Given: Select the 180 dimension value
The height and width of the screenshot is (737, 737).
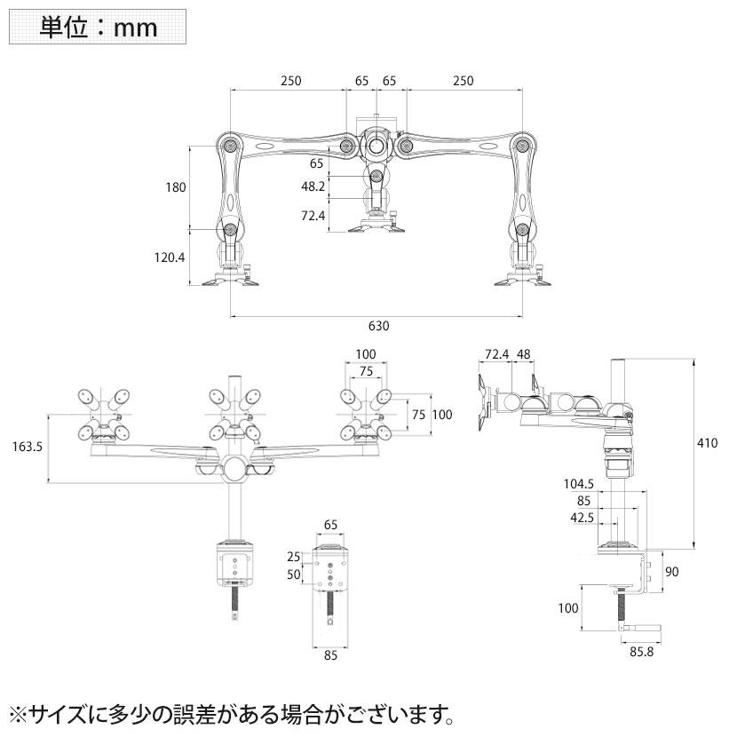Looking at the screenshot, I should coord(175,187).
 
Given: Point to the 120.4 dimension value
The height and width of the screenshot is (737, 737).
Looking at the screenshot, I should coord(170,258).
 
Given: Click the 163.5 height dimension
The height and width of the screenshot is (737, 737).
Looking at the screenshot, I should coord(27,447).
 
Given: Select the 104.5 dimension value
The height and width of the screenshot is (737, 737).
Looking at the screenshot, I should coord(578,485).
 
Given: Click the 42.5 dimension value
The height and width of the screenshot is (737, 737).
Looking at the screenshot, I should coord(583,518).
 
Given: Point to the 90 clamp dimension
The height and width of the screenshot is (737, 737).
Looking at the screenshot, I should coord(671,573).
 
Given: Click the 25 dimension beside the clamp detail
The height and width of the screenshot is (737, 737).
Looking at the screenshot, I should coord(294,557).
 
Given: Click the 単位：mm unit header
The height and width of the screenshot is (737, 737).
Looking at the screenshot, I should coord(98,28).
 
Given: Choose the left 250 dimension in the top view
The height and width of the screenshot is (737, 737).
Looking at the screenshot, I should coord(291,81).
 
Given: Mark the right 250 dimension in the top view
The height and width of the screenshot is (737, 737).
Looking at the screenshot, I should coord(463,81).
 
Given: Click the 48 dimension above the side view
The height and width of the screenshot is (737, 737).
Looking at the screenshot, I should coord(523,355).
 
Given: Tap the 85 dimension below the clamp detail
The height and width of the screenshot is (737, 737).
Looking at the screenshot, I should coord(330,658).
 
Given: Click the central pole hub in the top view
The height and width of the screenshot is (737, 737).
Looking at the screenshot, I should coord(376,144).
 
